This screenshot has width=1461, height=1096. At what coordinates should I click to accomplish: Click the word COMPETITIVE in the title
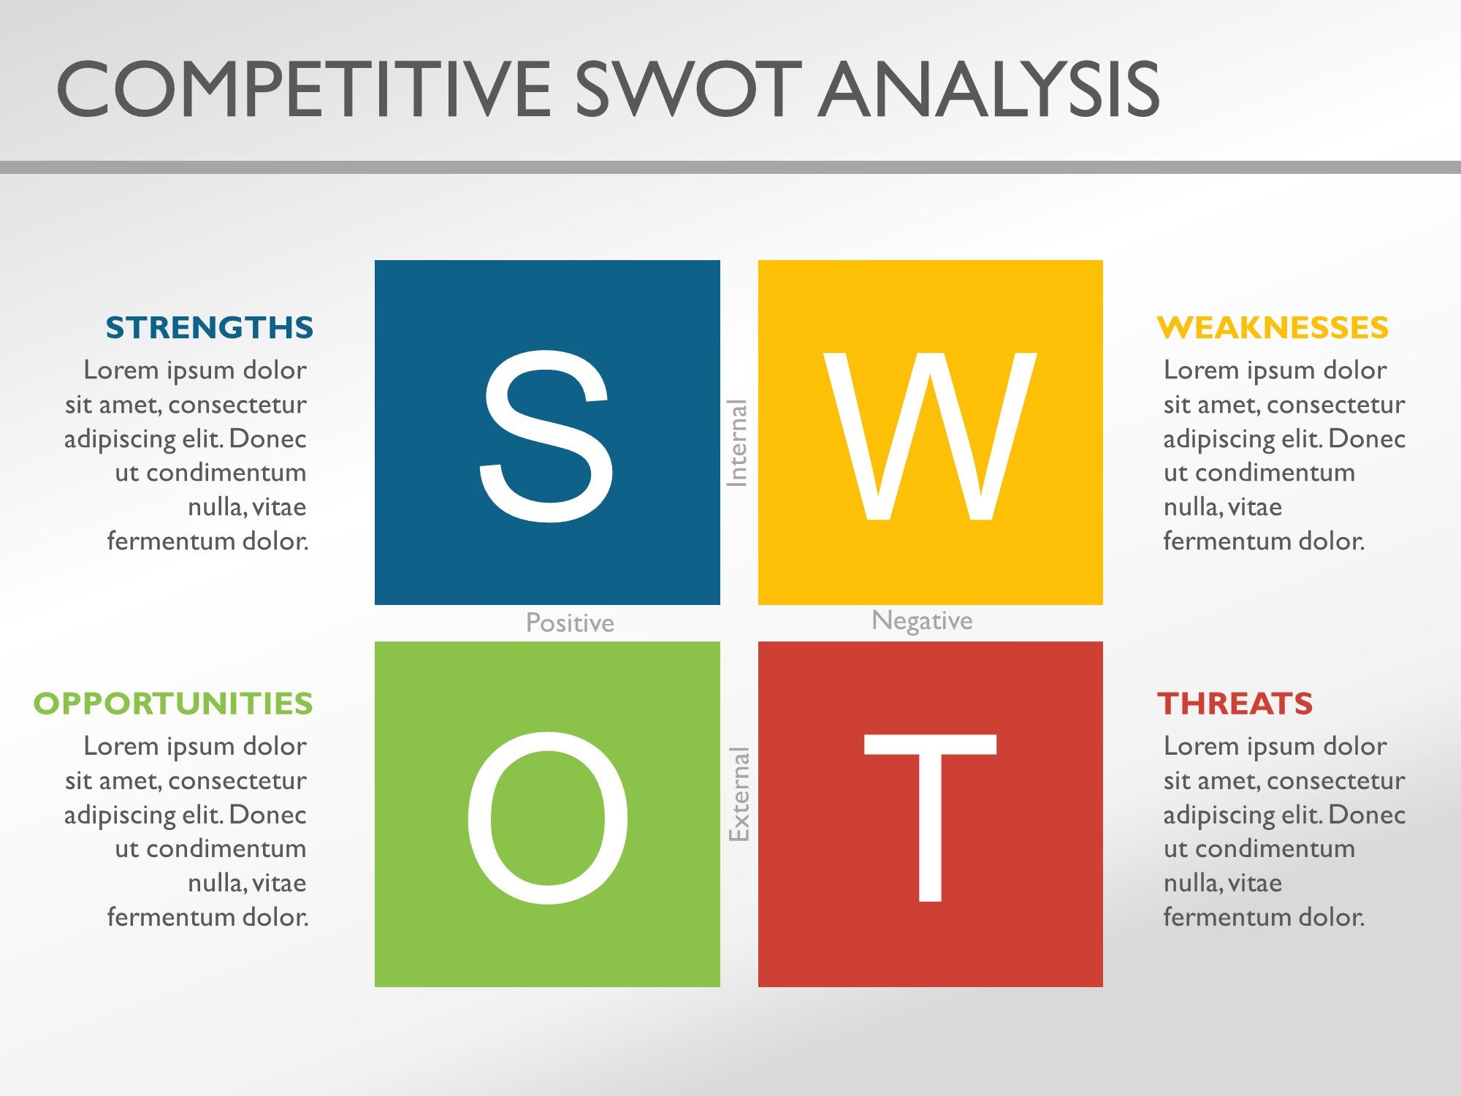303,90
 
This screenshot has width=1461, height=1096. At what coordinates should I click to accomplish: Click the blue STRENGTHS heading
210,327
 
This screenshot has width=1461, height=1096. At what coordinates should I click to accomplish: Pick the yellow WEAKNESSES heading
1273,327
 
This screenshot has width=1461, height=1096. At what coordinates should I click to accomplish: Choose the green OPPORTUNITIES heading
173,704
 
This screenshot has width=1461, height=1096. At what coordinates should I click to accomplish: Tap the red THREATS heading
1235,704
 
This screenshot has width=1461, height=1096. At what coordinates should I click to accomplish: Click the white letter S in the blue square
546,436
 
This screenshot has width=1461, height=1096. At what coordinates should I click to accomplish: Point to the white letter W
930,436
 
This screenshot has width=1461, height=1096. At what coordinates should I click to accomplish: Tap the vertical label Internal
737,443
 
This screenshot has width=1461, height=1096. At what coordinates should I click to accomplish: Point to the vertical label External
739,794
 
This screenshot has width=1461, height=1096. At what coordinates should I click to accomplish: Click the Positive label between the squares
570,623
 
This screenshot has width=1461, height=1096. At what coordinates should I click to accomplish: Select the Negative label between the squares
922,620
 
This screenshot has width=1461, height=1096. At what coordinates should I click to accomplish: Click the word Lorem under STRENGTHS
121,370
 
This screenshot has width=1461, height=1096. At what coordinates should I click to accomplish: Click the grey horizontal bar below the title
730,167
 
